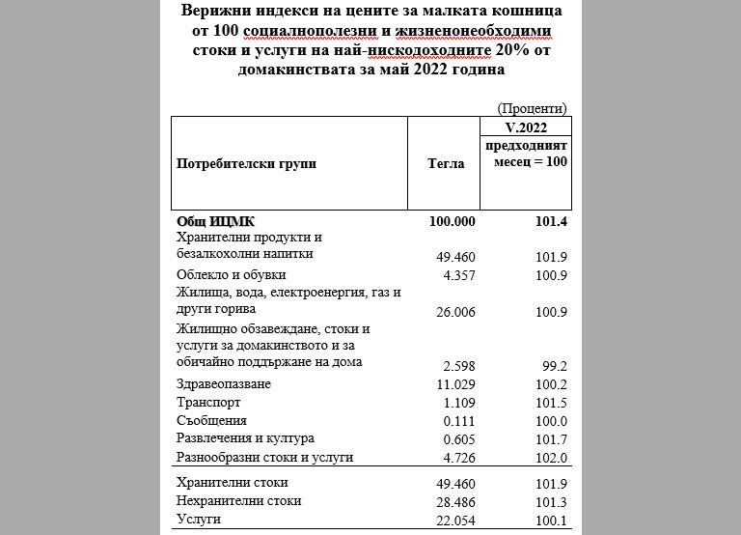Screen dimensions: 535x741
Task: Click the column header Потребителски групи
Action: [246, 164]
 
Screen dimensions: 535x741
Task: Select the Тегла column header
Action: [446, 164]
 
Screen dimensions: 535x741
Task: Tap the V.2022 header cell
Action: [525, 127]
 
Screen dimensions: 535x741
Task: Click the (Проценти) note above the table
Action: [532, 107]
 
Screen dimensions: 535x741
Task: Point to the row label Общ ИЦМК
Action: [215, 221]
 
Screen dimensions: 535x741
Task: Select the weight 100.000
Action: [453, 221]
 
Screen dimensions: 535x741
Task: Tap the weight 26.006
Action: [456, 311]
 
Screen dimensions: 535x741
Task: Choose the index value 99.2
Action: [556, 366]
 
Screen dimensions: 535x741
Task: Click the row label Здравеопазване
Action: [223, 384]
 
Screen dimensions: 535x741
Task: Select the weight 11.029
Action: [456, 384]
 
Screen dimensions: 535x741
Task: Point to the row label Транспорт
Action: [207, 403]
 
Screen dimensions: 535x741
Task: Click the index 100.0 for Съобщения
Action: [553, 421]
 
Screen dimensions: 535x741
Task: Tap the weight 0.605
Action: [459, 438]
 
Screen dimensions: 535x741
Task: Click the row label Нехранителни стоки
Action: [238, 501]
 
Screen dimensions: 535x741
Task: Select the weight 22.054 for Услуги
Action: [456, 520]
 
